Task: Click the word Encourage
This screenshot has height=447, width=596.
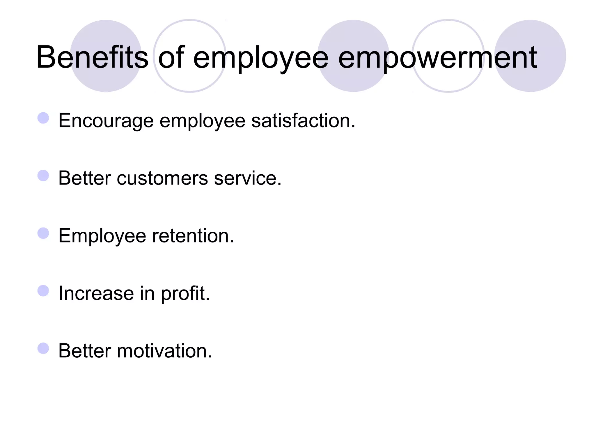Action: [x=106, y=121]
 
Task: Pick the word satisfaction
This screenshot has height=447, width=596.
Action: [x=303, y=121]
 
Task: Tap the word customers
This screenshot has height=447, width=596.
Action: [x=162, y=178]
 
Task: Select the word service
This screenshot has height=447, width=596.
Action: [x=248, y=178]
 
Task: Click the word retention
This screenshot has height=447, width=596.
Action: [x=193, y=236]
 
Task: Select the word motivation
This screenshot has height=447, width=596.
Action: [x=164, y=351]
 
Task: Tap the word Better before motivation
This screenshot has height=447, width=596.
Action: [x=85, y=351]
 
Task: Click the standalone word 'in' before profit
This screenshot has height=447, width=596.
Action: [x=147, y=293]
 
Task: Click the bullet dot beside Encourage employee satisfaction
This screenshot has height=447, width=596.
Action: [x=43, y=118]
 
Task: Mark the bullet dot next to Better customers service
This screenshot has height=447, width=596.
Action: [x=43, y=175]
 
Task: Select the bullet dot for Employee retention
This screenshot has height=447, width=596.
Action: [x=43, y=233]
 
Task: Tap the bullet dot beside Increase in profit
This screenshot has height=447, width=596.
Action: [x=43, y=291]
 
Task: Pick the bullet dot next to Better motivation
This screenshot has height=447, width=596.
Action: [x=43, y=348]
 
